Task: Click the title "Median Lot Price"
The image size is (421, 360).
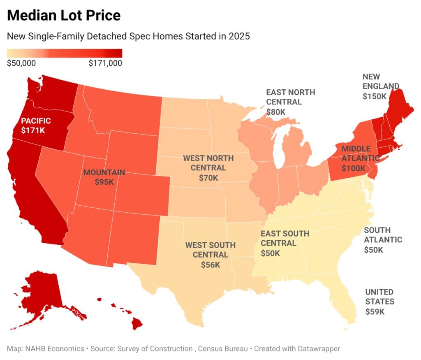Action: tap(64, 15)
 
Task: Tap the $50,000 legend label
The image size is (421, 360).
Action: tap(21, 63)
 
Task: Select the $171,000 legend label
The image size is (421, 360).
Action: tap(105, 63)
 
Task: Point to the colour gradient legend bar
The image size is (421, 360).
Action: tap(65, 53)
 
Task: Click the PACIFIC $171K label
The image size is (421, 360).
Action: tap(36, 125)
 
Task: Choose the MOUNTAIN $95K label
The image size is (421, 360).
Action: tap(104, 177)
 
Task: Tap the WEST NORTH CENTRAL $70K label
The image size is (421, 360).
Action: tap(208, 167)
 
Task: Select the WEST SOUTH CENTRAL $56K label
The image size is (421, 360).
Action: tap(210, 255)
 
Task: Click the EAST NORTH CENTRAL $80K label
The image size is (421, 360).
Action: tap(291, 102)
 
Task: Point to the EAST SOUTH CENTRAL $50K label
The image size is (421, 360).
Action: tap(285, 243)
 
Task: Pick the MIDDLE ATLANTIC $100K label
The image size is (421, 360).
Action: tap(360, 158)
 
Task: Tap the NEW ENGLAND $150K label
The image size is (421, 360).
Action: tap(381, 86)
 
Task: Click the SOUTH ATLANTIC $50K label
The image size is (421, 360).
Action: tap(383, 240)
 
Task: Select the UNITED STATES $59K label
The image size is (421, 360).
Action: tap(379, 302)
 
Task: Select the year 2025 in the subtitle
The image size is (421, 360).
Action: tap(239, 36)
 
